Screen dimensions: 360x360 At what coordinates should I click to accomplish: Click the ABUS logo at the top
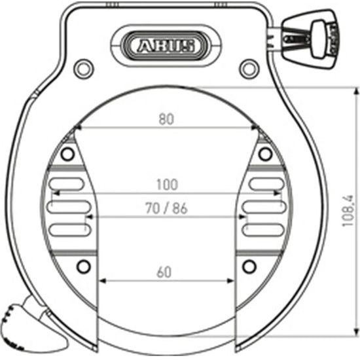tap(165, 45)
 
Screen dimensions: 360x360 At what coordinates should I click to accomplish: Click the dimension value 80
tap(166, 119)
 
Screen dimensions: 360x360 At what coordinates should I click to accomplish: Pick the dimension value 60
tap(164, 272)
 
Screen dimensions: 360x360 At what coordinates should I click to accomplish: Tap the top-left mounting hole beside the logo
tap(82, 67)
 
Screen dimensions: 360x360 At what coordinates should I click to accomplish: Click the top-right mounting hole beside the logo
tap(247, 67)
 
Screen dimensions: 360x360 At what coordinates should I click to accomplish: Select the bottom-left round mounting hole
tap(82, 266)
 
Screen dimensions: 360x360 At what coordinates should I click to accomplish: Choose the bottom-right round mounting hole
tap(247, 266)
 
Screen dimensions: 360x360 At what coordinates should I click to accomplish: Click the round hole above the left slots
tap(66, 154)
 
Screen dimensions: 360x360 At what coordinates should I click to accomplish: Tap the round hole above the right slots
tap(264, 154)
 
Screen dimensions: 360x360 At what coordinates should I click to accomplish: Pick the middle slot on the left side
tap(68, 207)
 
